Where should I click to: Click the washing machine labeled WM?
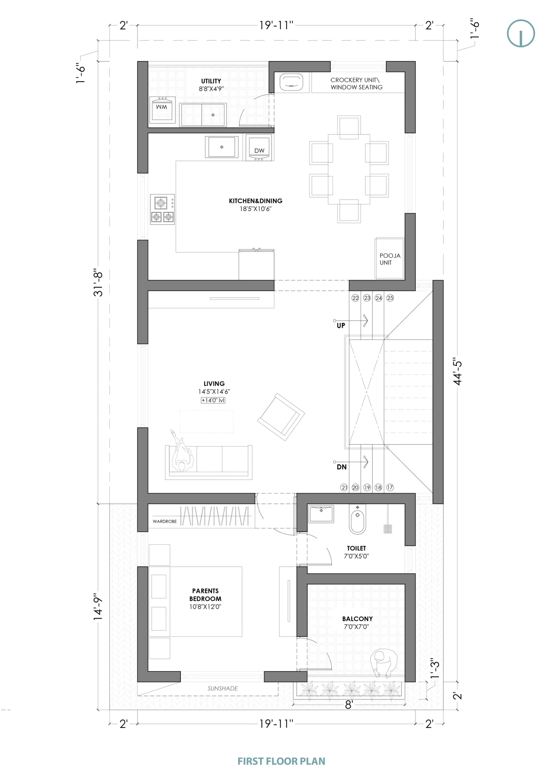163,110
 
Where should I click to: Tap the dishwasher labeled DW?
259,147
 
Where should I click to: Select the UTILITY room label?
211,81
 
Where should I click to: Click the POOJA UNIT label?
390,259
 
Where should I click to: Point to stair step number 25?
390,298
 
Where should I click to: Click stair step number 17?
390,487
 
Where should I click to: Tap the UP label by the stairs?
341,326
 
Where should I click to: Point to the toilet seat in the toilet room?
357,519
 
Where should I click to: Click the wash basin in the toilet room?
321,514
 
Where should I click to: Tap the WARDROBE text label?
165,521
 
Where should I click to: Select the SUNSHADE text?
223,688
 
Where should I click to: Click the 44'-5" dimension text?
458,371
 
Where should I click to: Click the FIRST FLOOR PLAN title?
281,761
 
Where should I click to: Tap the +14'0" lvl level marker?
213,400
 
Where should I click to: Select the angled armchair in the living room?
281,417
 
